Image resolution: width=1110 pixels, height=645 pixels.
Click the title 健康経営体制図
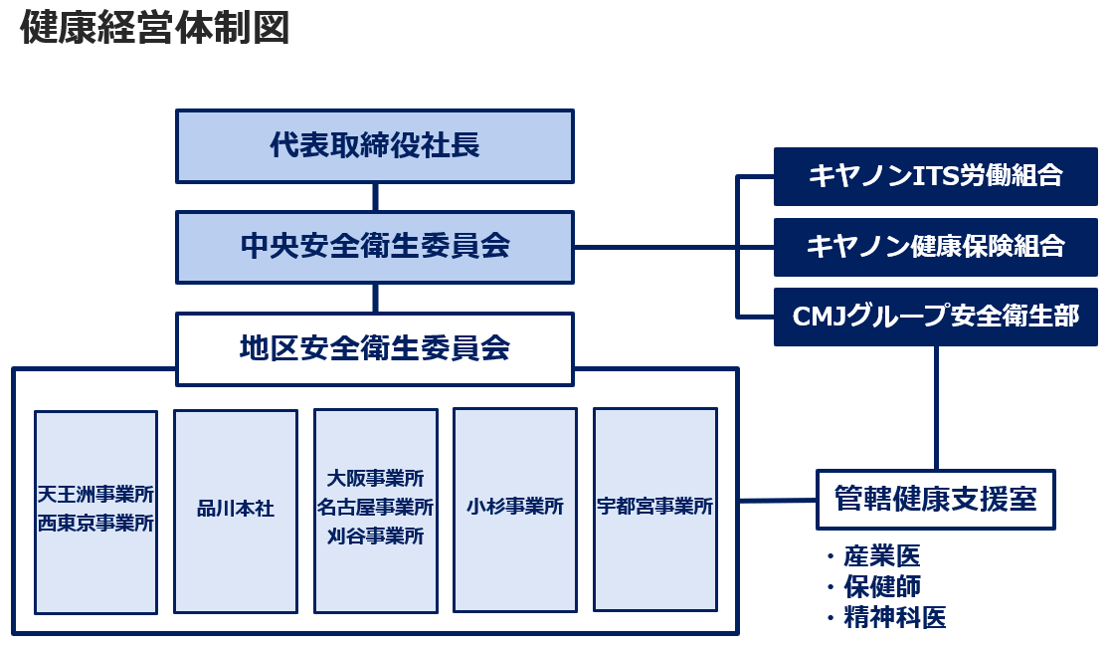(155, 29)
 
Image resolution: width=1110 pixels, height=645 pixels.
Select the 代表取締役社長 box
(375, 146)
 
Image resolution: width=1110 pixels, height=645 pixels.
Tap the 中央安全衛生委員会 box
(375, 246)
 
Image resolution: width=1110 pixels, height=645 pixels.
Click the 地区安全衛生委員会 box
(375, 348)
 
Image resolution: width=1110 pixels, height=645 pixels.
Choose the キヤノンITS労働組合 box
(935, 176)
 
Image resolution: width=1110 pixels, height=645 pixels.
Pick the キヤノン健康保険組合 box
(935, 247)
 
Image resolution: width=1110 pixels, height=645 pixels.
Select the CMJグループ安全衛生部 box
(935, 317)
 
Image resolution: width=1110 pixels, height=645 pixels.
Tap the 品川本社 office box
(236, 510)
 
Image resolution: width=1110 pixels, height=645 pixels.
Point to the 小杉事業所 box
(515, 508)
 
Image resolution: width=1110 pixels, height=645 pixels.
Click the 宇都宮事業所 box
(654, 508)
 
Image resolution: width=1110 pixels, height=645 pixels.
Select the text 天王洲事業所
(95, 495)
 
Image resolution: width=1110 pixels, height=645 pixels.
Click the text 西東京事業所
(95, 524)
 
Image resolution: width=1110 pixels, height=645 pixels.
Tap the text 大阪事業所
(375, 479)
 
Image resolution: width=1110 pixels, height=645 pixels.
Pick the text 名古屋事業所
(375, 508)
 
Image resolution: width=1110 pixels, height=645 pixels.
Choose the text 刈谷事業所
(375, 537)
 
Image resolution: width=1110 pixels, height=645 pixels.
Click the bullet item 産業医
(881, 556)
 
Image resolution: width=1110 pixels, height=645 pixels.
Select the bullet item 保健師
(881, 586)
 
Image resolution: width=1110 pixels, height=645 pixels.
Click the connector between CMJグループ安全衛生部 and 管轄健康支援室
(936, 408)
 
